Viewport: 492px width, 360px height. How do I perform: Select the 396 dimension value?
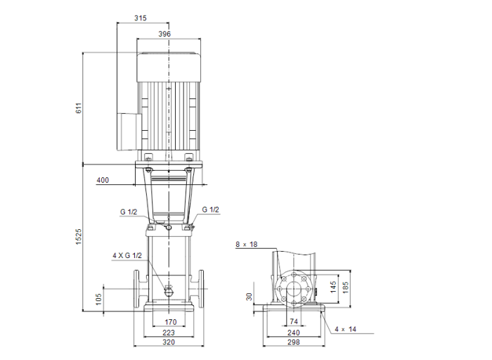tap(164, 33)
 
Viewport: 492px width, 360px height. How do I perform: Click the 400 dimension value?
tap(103, 181)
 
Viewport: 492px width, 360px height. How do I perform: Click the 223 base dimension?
tap(169, 333)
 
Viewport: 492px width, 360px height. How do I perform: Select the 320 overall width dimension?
tap(169, 344)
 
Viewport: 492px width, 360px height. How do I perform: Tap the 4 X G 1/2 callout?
tap(127, 255)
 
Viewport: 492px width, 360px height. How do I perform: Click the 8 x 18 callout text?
tap(247, 244)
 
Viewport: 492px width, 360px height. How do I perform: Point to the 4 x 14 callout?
tap(346, 328)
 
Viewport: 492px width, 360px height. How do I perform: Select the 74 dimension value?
tap(294, 323)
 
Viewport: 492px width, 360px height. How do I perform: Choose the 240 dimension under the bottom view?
tap(294, 333)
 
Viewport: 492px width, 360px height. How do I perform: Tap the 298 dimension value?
tap(294, 344)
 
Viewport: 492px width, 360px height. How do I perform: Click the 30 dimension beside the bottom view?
tap(250, 297)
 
